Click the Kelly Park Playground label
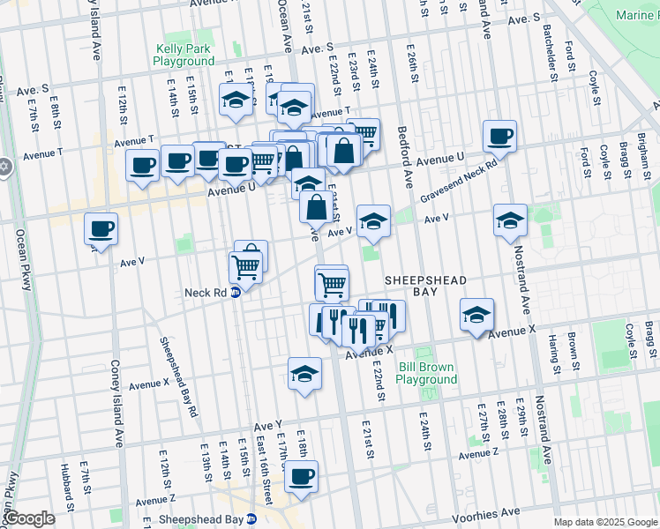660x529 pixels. click(x=184, y=56)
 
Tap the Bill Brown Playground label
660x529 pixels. click(x=426, y=373)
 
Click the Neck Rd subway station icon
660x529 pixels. click(x=236, y=293)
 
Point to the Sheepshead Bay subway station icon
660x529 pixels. click(x=251, y=520)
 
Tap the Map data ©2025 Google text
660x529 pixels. click(x=604, y=522)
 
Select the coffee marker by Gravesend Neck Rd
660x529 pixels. click(x=499, y=137)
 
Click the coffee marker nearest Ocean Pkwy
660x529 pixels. click(x=101, y=229)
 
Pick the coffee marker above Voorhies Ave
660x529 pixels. click(x=301, y=476)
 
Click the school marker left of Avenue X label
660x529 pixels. click(x=476, y=315)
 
